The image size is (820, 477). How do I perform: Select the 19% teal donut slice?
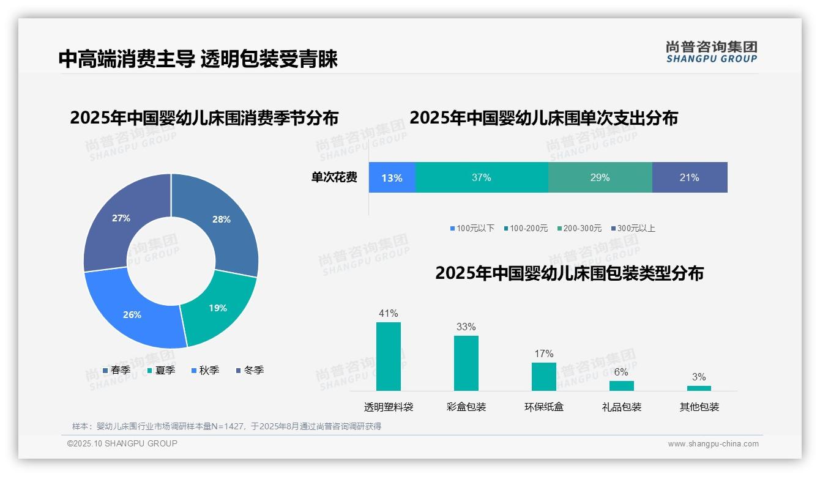tap(218, 309)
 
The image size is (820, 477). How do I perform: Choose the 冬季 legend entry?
tap(250, 371)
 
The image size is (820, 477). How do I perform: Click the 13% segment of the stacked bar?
tap(392, 178)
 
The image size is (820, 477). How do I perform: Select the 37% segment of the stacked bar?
tap(482, 178)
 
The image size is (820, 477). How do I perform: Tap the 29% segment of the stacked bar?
tap(600, 178)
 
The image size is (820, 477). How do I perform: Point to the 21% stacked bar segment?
tap(689, 178)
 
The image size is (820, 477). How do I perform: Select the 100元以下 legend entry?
tap(472, 229)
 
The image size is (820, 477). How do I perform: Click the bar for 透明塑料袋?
tap(389, 357)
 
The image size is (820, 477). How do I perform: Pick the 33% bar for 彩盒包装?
tap(466, 363)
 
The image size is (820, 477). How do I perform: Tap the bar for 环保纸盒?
tap(544, 377)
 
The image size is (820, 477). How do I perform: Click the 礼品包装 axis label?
tap(622, 407)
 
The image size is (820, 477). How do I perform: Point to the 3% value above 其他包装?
tap(699, 377)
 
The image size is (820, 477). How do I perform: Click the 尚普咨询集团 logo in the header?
tap(711, 52)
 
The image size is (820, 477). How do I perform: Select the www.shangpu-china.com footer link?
tap(713, 444)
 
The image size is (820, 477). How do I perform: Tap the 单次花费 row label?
tap(334, 178)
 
